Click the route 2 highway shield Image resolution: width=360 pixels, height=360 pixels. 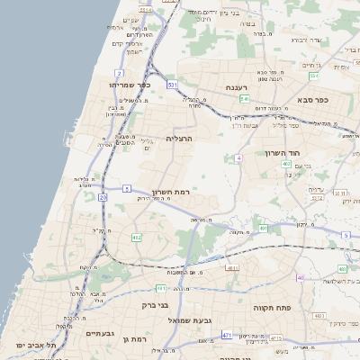tap(119, 72)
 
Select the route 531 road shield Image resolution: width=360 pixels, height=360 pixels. tap(171, 84)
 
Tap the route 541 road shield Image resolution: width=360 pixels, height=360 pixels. tap(244, 99)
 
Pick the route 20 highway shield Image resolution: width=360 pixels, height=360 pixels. tap(103, 196)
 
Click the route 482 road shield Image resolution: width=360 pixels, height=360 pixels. tap(137, 238)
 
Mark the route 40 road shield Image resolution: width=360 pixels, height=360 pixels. tap(300, 277)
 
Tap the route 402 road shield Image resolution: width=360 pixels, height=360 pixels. tap(285, 164)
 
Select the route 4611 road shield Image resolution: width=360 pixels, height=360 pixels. tap(232, 268)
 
